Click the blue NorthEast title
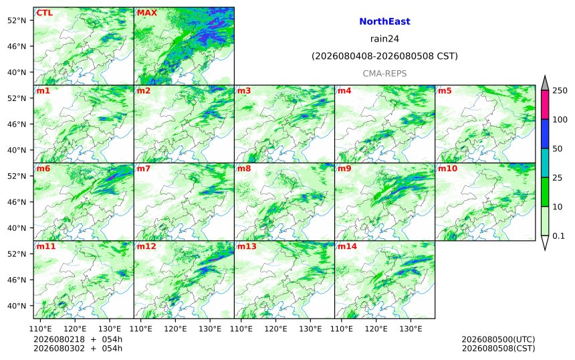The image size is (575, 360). coord(384,21)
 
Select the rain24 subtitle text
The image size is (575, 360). coord(384,39)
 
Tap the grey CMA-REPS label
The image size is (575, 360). coord(384,74)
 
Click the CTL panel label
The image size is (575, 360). coord(44,13)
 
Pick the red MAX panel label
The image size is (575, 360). coord(146,13)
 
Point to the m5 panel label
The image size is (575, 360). coord(445,90)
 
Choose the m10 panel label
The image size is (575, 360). coord(447,169)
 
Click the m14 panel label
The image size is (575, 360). coord(347,246)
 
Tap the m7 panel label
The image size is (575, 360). coord(144,169)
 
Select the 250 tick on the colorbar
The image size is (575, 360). coord(560,90)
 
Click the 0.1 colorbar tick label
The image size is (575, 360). coord(558,236)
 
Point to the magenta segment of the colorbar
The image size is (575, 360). coord(545,104)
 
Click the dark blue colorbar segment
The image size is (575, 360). coord(545,134)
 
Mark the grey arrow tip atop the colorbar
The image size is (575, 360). coord(545,76)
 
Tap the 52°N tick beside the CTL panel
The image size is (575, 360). coord(17,20)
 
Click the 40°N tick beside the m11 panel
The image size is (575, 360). coord(17,306)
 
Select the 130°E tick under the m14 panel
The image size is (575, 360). coord(411,329)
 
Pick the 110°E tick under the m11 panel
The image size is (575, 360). coord(40,329)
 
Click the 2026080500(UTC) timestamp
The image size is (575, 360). coord(498,339)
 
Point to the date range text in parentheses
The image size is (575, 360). coord(384,56)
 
